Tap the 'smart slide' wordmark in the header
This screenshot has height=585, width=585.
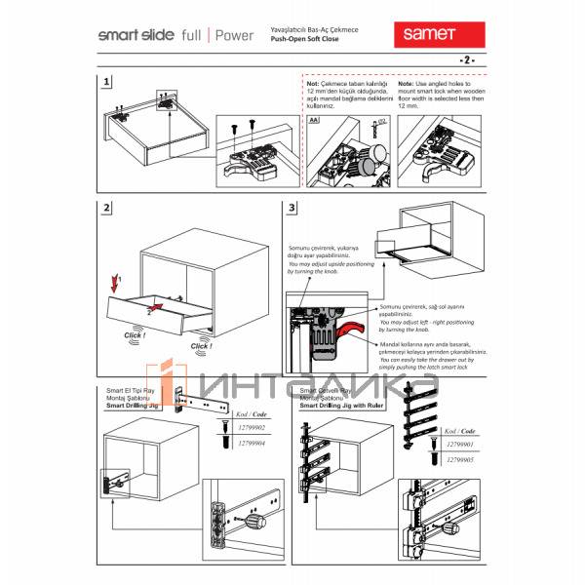click(136, 35)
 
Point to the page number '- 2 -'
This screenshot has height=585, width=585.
click(466, 60)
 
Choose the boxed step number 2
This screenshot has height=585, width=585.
click(106, 208)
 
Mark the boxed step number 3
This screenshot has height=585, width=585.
click(292, 208)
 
